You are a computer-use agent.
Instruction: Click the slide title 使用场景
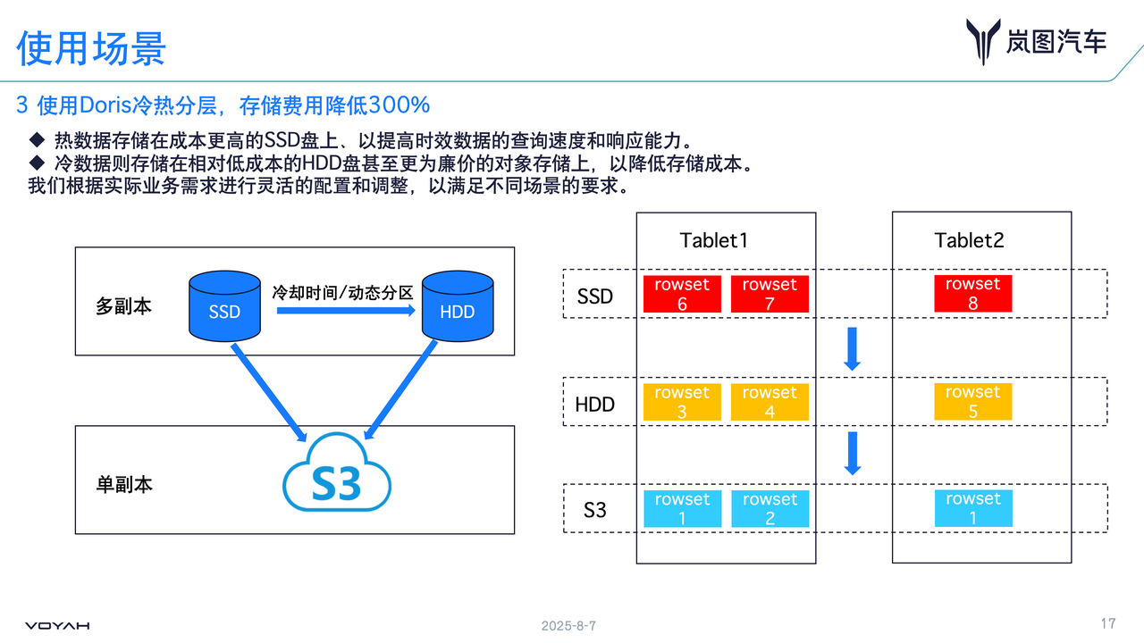tap(91, 48)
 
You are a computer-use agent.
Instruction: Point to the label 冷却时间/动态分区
tap(343, 292)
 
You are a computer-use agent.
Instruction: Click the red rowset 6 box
tap(682, 294)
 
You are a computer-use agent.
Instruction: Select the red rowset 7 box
tap(770, 294)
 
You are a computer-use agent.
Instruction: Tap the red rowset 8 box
tap(972, 294)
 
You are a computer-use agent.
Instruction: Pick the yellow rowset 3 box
tap(682, 402)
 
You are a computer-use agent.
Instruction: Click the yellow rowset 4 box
tap(770, 402)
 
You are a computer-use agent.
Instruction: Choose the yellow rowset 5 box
tap(972, 402)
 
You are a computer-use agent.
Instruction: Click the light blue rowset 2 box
tap(770, 508)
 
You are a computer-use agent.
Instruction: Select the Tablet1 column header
tap(713, 240)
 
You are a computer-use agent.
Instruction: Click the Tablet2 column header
tap(969, 240)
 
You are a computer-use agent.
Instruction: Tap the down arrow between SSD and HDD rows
tap(852, 348)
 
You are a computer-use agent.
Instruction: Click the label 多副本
tap(124, 306)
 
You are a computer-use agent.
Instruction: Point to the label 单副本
tap(124, 484)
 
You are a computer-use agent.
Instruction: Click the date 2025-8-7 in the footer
tap(568, 626)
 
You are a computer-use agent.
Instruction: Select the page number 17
tap(1108, 623)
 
